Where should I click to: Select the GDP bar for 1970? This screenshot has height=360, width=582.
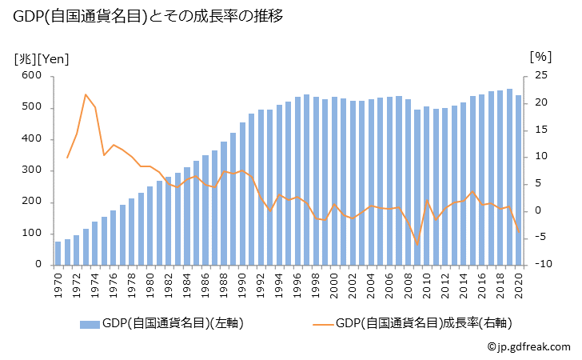[58, 253]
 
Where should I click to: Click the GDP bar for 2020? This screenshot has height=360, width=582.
[518, 180]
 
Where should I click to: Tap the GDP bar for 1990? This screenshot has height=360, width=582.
[242, 194]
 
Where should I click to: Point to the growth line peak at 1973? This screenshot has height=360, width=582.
[86, 94]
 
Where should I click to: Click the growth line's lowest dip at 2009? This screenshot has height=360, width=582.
[417, 245]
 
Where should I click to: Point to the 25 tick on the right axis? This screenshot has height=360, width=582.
[540, 76]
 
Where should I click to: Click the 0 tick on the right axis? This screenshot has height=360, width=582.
[537, 210]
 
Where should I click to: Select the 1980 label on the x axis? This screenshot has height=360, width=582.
[150, 283]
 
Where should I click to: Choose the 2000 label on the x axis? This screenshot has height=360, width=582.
[334, 283]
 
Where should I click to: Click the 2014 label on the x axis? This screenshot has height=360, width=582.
[463, 283]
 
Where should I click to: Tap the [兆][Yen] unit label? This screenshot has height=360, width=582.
[41, 58]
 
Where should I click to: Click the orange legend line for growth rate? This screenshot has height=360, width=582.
[322, 324]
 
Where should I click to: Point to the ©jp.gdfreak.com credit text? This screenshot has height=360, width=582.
[528, 347]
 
